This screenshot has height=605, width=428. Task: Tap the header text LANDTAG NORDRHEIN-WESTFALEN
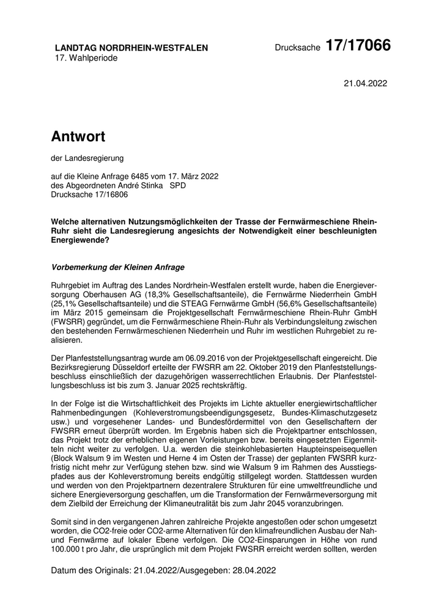click(131, 48)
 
